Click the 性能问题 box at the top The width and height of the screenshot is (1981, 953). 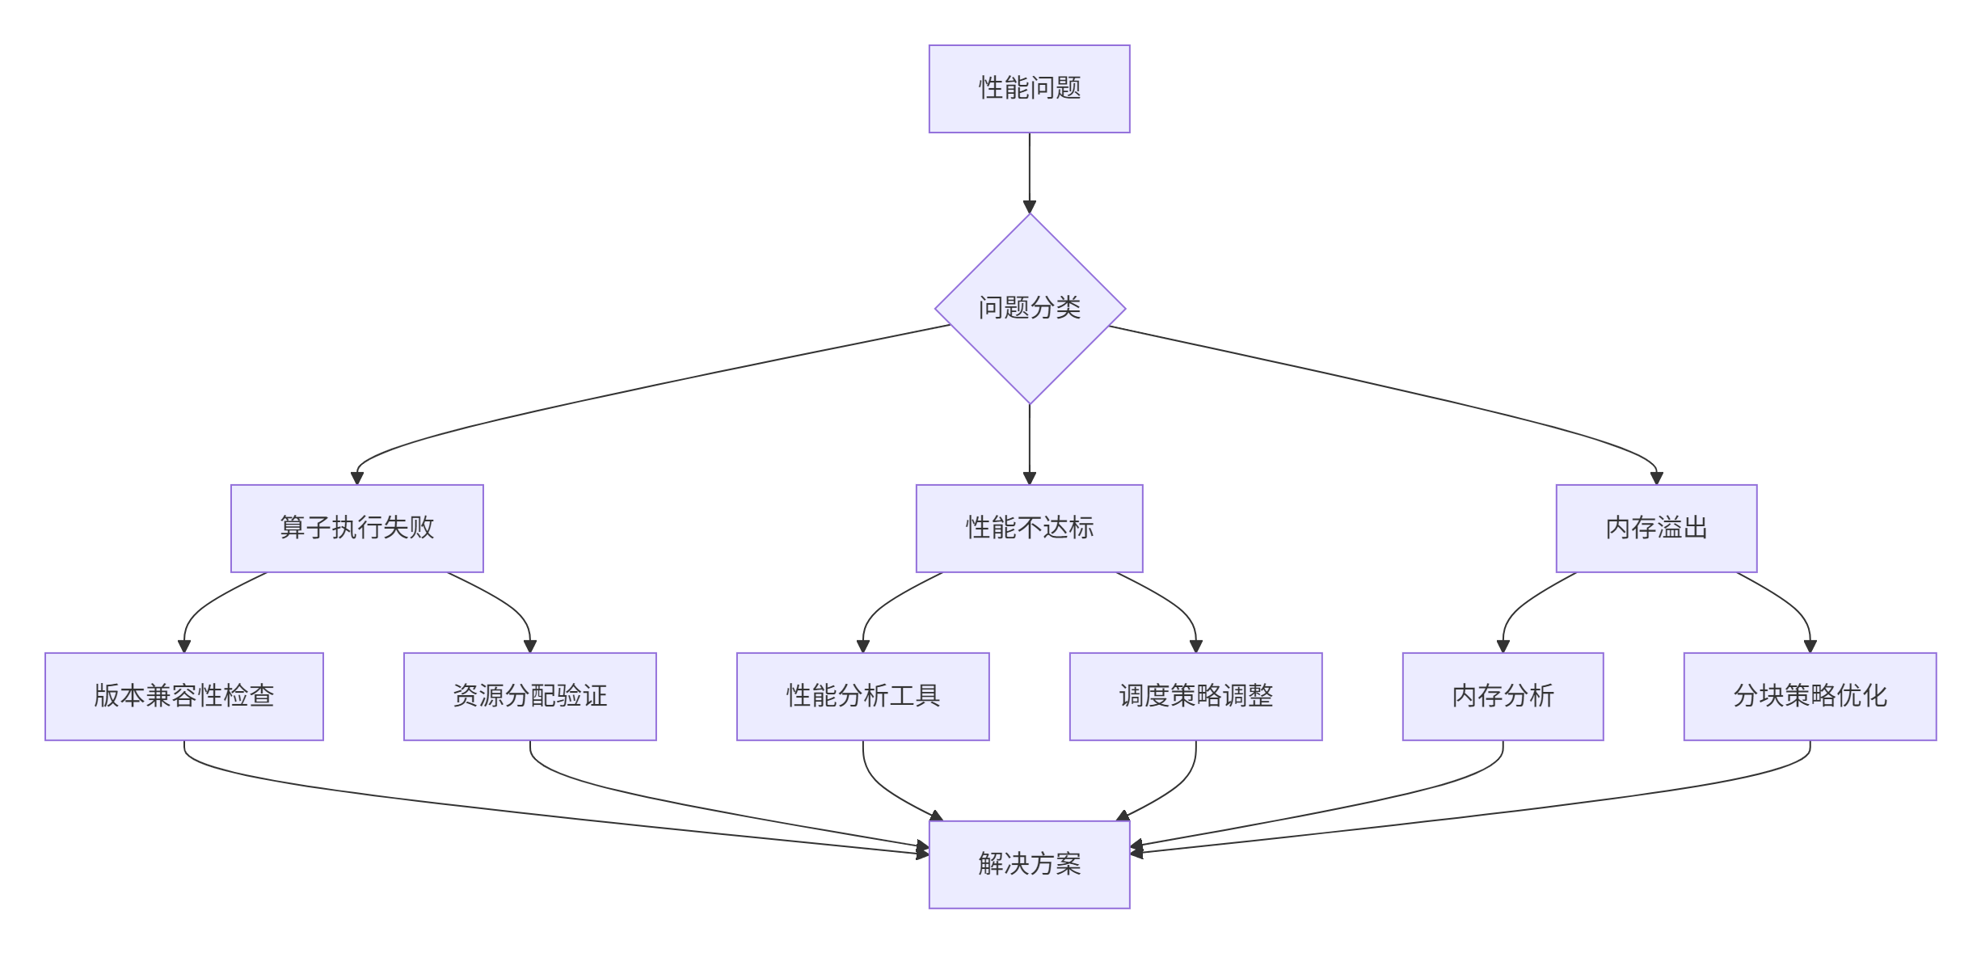click(1029, 89)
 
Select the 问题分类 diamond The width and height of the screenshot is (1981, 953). click(1029, 308)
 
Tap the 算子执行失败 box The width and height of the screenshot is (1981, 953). click(356, 528)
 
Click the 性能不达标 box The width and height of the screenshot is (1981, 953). click(1029, 528)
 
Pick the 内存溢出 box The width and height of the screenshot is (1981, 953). click(1656, 528)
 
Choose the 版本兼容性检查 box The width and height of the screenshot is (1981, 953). click(183, 696)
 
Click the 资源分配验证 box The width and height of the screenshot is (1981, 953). click(529, 696)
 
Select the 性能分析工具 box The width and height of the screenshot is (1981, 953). click(862, 696)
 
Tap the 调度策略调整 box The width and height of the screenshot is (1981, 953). click(1195, 696)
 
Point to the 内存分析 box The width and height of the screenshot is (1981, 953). click(1503, 696)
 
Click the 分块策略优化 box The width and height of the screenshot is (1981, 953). click(1810, 696)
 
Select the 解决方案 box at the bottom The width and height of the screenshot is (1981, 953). click(1029, 864)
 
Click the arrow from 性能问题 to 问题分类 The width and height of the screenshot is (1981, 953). click(1029, 170)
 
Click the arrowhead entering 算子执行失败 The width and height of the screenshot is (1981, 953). click(357, 478)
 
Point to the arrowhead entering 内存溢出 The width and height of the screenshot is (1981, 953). click(1656, 478)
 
